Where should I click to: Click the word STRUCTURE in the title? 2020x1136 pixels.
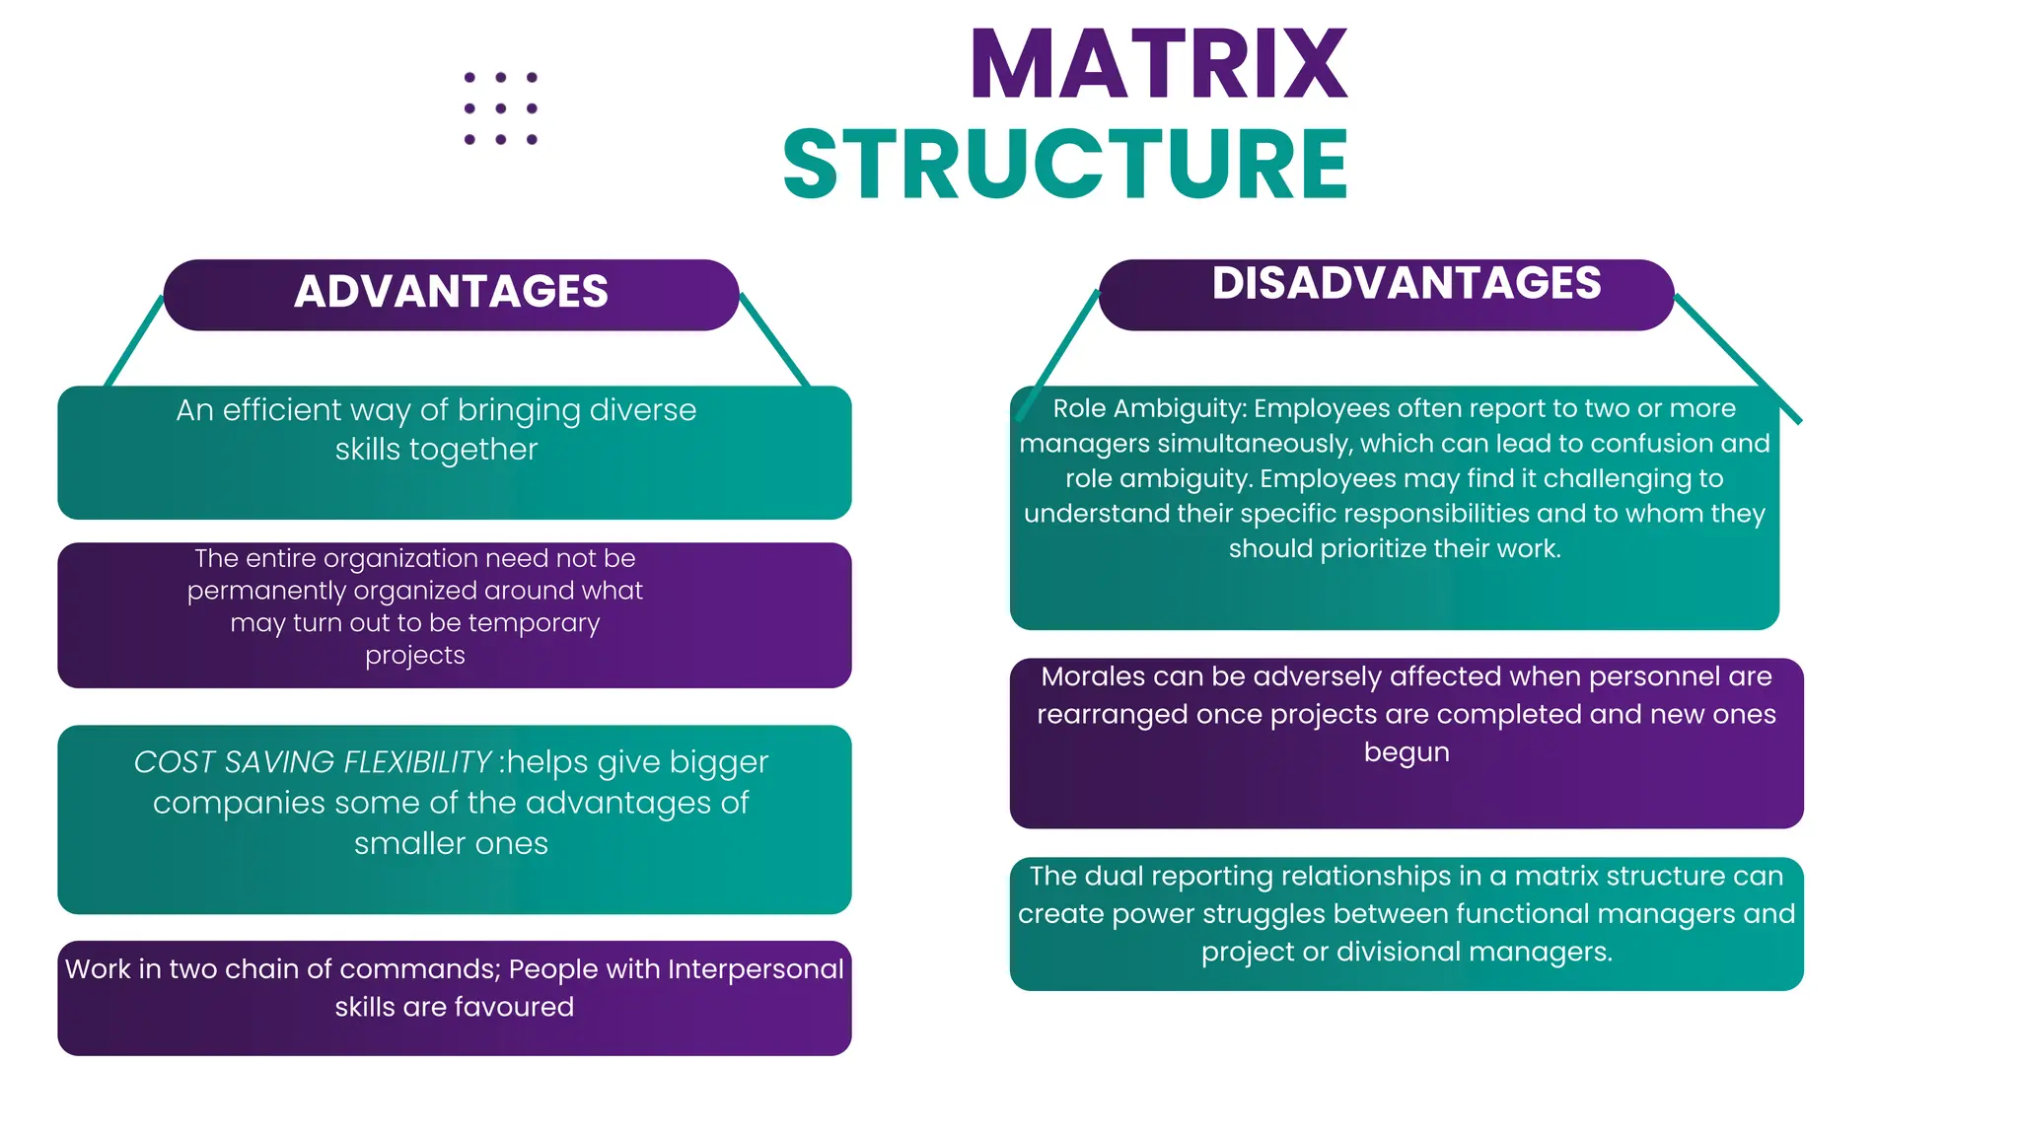tap(1065, 164)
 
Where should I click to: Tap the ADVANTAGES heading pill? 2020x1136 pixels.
tap(451, 293)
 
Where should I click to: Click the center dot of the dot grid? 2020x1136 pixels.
tap(501, 108)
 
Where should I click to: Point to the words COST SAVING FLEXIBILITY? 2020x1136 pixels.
tap(312, 762)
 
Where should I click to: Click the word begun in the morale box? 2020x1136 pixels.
tap(1407, 751)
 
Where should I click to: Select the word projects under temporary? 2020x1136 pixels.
tap(415, 655)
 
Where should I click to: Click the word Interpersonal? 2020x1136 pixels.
tap(756, 969)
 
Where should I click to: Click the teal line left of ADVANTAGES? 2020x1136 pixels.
tap(135, 340)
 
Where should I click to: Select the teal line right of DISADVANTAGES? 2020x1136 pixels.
tap(1738, 359)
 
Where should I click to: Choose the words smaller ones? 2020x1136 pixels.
tap(451, 844)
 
